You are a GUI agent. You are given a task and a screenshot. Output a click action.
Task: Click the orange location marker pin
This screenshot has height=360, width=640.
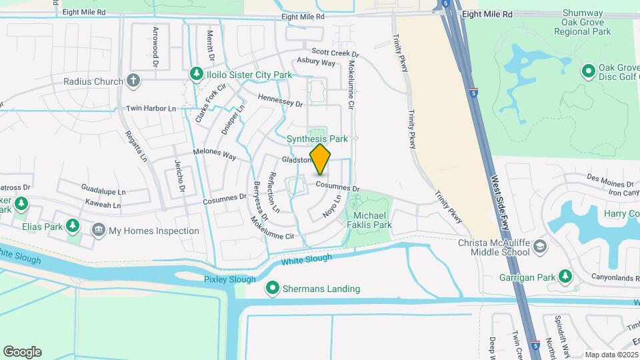(x=320, y=159)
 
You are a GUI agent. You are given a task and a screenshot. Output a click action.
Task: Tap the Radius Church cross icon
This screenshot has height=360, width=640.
(x=133, y=81)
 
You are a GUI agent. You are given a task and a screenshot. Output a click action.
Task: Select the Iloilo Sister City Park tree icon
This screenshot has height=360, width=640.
(x=196, y=74)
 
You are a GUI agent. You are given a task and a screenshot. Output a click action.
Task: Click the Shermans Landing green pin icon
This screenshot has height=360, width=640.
(x=273, y=289)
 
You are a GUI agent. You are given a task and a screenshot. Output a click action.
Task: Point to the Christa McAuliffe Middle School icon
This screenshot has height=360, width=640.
(x=540, y=249)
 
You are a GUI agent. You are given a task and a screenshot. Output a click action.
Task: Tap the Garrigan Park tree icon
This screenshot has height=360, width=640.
(x=565, y=276)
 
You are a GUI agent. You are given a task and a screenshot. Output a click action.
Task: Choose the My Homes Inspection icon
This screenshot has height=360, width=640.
(x=99, y=231)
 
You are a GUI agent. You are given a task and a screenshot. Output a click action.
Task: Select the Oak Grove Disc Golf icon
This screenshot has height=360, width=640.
(x=589, y=70)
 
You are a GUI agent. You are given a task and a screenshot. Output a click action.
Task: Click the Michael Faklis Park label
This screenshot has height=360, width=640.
(x=372, y=221)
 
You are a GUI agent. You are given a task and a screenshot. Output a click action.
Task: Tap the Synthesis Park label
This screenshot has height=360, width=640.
(x=317, y=139)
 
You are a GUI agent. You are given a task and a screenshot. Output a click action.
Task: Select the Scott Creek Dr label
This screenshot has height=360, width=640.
(x=336, y=53)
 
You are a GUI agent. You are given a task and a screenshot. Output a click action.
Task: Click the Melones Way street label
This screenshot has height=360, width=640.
(x=215, y=153)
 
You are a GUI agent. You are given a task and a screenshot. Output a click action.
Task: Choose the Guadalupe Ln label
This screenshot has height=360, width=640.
(x=103, y=191)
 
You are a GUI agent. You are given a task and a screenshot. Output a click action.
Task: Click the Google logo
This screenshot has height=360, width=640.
(x=22, y=352)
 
